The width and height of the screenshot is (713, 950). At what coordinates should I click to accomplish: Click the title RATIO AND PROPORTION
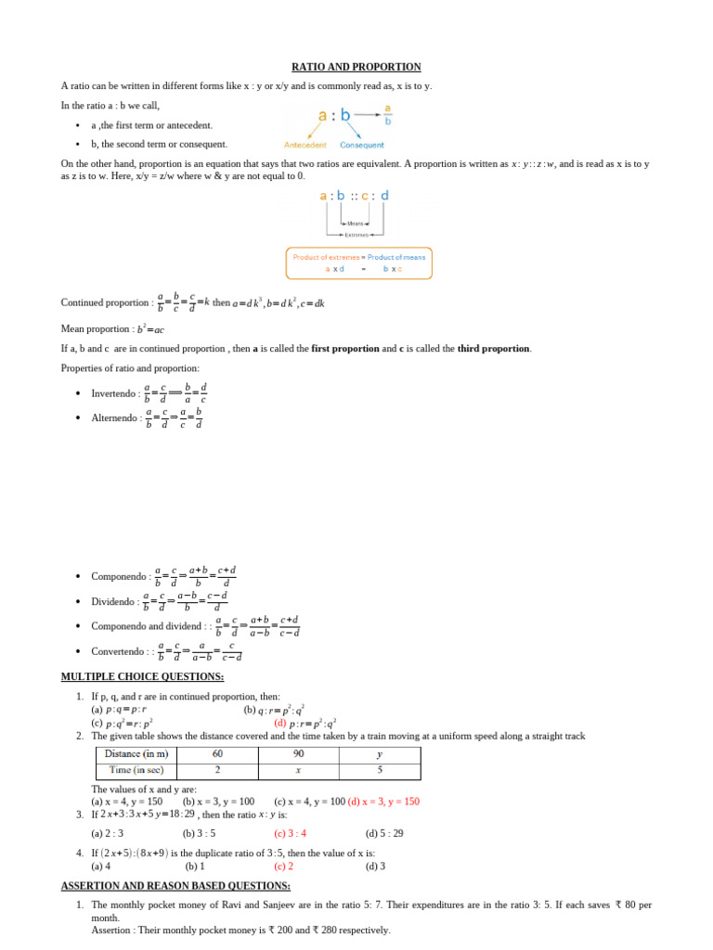(356, 67)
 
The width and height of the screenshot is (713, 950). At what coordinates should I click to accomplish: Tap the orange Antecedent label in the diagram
(305, 146)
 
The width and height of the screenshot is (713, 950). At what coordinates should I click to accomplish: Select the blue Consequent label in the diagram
(362, 146)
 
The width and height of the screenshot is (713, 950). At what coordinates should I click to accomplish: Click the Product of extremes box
(358, 263)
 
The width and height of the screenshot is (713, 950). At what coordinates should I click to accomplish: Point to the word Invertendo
(115, 393)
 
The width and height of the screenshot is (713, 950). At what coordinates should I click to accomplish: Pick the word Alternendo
(116, 418)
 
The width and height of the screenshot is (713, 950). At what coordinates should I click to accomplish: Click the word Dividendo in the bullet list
(114, 601)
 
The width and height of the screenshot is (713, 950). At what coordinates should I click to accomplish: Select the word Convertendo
(118, 651)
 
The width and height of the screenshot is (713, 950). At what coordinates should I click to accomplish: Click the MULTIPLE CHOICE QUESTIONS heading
(142, 676)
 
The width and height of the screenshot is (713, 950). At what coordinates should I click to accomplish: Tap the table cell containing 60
(217, 754)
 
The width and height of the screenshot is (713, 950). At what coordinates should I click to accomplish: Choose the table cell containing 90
(298, 754)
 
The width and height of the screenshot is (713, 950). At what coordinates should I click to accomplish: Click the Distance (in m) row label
(136, 754)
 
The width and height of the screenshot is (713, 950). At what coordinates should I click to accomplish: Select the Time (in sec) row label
(136, 770)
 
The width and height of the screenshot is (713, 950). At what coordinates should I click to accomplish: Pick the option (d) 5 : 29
(384, 833)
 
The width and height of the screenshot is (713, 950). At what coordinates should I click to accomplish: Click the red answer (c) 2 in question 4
(283, 867)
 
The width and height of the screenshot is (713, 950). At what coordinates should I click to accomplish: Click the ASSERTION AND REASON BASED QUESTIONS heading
(175, 886)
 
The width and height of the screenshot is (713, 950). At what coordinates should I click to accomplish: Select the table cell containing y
(379, 754)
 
